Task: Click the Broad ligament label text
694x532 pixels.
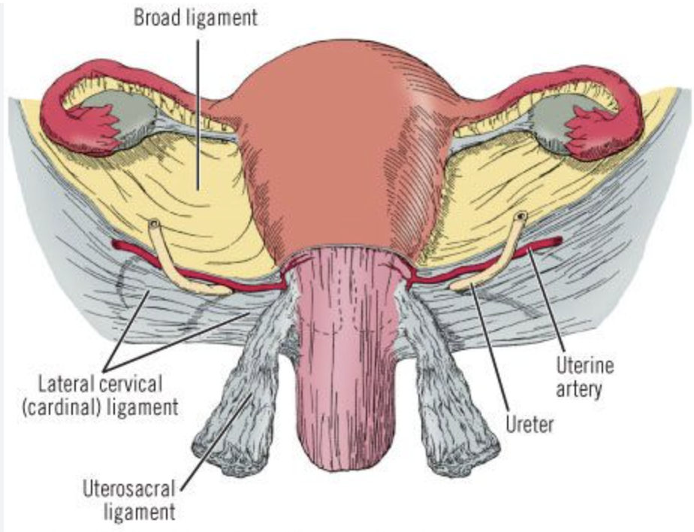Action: (x=195, y=17)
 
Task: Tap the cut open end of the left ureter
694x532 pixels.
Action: (x=154, y=225)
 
